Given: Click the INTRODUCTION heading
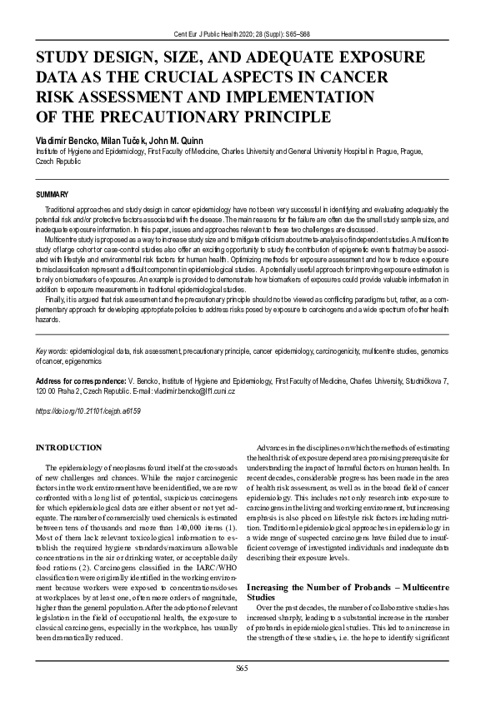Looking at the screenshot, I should pyautogui.click(x=68, y=448).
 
